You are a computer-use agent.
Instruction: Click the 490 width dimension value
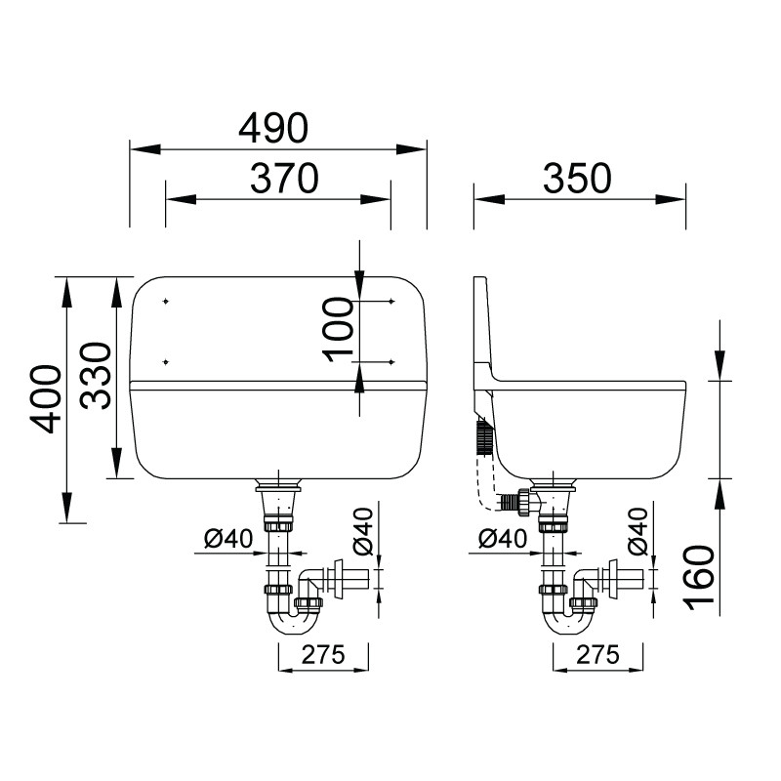(x=273, y=128)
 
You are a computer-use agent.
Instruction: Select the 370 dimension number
(x=284, y=179)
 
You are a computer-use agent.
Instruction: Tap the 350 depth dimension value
(x=577, y=179)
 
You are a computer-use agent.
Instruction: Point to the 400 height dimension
(x=45, y=399)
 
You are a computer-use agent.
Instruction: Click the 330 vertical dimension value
(x=96, y=376)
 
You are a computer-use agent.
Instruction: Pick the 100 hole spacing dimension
(x=338, y=329)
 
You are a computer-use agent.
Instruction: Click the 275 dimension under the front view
(x=323, y=654)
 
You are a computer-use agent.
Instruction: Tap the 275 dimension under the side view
(x=598, y=654)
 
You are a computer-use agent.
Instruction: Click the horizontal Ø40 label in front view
(x=228, y=539)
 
